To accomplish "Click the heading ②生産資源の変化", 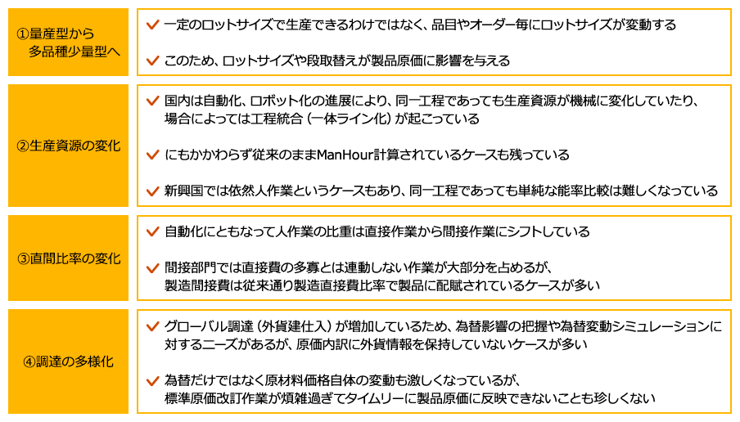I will point(69,146).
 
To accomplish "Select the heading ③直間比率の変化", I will point(69,258).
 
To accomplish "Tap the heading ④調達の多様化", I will point(69,361).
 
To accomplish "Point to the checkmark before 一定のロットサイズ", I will point(151,25).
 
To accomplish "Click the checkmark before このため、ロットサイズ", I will point(151,61).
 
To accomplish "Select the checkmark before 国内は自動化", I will point(151,101).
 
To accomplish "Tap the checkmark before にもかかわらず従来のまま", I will point(151,155).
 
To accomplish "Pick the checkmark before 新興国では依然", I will point(151,191).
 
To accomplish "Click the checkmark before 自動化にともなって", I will point(151,232).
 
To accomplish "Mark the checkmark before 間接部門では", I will point(151,267).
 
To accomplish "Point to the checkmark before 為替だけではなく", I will point(151,380).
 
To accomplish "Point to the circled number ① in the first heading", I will point(24,35).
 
